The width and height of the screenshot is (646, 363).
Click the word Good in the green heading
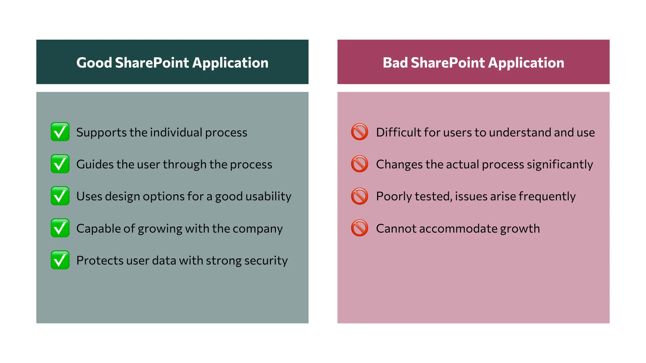(94, 63)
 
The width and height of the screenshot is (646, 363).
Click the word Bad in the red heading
(395, 63)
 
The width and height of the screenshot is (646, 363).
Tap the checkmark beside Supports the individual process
(60, 132)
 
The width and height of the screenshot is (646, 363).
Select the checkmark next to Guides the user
(60, 164)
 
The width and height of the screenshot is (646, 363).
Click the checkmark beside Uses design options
(60, 196)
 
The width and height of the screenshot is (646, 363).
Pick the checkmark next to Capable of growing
(60, 228)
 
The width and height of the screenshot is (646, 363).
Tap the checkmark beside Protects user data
(60, 260)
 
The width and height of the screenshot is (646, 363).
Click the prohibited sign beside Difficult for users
(360, 132)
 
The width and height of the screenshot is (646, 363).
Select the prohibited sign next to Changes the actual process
(360, 164)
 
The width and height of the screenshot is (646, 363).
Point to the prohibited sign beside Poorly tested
(360, 196)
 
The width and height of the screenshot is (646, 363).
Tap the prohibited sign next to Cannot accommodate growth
(360, 228)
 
